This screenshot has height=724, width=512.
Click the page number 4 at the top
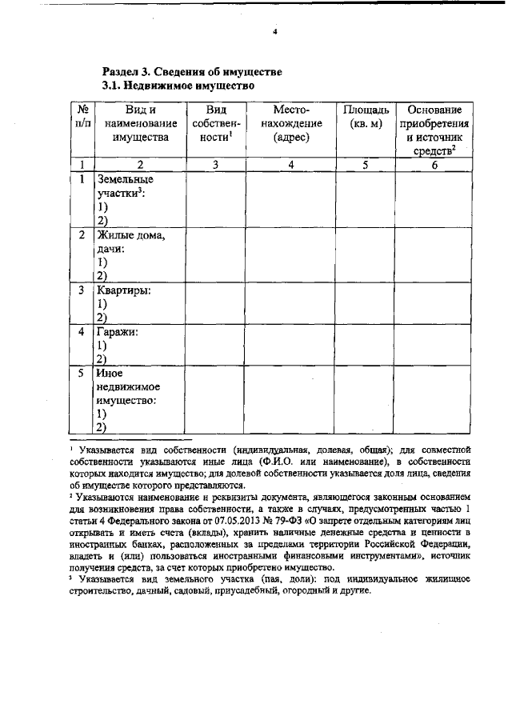pos(274,33)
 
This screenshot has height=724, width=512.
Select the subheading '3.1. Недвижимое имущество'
pos(178,84)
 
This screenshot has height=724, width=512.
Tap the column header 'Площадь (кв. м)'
pos(366,116)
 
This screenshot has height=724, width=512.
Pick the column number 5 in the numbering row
pos(365,165)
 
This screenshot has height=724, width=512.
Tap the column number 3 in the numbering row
pos(214,165)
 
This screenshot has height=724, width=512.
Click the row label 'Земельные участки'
pos(124,186)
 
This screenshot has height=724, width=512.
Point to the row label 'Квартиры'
pos(123,290)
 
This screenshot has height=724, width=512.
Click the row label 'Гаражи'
pos(118,332)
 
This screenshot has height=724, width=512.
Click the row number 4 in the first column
pos(82,332)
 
